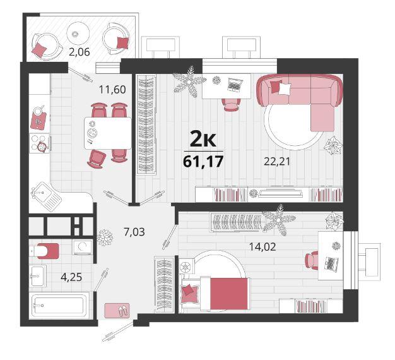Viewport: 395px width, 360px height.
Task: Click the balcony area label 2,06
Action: (x=80, y=52)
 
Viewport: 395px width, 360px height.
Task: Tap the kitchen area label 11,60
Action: (x=112, y=89)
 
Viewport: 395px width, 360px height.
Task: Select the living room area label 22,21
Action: (x=277, y=161)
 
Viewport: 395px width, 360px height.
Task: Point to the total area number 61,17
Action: (x=203, y=162)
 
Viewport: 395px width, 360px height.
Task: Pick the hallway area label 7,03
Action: (x=134, y=232)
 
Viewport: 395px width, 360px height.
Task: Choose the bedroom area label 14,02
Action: (x=262, y=247)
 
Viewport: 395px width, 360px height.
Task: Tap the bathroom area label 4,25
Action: (x=71, y=277)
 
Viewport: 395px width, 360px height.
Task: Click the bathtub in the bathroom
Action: (x=59, y=306)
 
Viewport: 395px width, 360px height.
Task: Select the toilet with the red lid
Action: (x=44, y=251)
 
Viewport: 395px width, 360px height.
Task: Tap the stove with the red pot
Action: (x=40, y=143)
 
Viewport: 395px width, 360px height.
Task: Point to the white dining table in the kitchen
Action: (x=108, y=133)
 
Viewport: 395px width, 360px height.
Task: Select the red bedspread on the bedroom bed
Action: (x=229, y=294)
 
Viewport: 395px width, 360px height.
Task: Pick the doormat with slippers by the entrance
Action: (x=117, y=311)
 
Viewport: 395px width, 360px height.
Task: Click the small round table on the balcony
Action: (x=78, y=33)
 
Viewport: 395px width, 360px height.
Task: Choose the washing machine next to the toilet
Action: (x=82, y=247)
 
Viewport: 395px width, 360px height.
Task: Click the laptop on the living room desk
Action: (x=235, y=85)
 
